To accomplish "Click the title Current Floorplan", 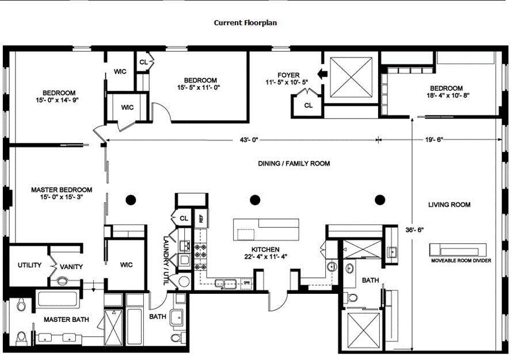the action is point(245,23).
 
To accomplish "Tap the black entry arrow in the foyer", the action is point(322,74).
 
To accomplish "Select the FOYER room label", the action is point(288,75).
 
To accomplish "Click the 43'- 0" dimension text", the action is point(249,140).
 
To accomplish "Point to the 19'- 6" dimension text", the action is point(434,140).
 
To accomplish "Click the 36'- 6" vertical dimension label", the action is point(414,230).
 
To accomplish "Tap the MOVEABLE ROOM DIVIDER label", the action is point(461,261).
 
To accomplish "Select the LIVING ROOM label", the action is point(450,205).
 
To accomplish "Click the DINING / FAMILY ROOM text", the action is point(294,163).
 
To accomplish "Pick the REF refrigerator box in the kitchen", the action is point(201,218).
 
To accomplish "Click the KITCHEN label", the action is point(265,250).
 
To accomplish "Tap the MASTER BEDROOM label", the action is point(62,190).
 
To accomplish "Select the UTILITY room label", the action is point(30,265).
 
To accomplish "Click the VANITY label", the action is point(71,267).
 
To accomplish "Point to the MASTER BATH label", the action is point(66,320).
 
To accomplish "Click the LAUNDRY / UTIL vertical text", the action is point(166,261).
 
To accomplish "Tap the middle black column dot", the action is point(255,200).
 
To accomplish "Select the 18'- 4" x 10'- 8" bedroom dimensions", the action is point(448,95).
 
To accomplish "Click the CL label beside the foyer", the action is point(308,106).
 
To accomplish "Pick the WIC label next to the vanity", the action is point(127,265).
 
